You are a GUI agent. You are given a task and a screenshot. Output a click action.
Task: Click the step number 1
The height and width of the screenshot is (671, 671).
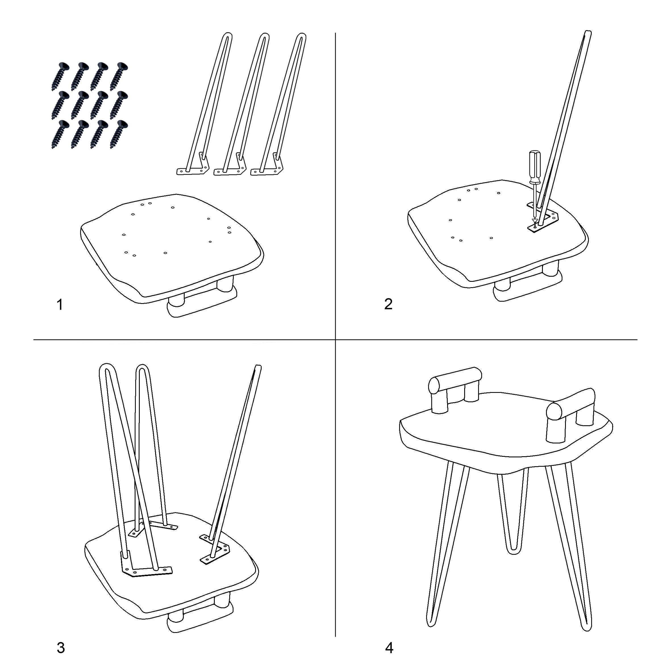click(60, 305)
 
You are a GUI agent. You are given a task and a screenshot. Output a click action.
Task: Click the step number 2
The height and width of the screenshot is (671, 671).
click(388, 304)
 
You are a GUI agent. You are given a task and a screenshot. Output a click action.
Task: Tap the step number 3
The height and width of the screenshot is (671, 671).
click(61, 648)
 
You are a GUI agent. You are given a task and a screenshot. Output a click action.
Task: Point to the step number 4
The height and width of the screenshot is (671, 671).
click(389, 648)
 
